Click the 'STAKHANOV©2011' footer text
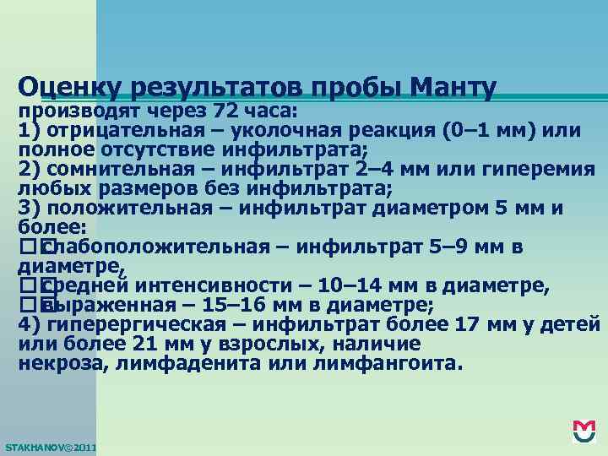point(51,445)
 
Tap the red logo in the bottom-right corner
point(584,431)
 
